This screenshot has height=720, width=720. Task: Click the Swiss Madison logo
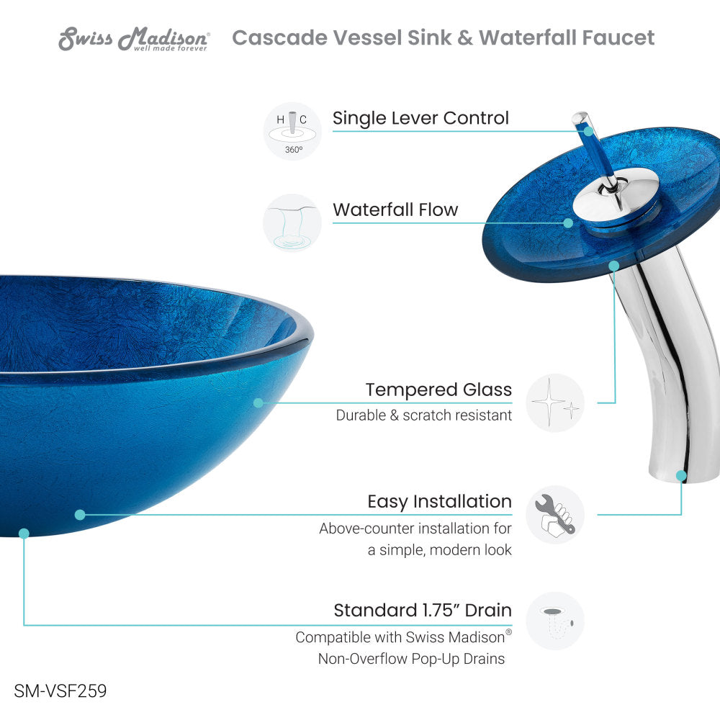[134, 39]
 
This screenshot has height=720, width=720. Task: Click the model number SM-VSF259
[60, 691]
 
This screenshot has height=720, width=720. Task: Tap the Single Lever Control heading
[420, 118]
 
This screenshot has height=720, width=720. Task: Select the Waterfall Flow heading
[395, 210]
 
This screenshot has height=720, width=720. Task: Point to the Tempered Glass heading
[438, 390]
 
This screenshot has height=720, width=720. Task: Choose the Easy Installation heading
[439, 502]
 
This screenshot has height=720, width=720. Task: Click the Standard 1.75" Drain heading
[423, 611]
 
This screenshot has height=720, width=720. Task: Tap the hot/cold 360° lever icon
[292, 130]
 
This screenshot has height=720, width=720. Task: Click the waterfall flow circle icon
[292, 222]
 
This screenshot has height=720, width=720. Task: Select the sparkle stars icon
[554, 402]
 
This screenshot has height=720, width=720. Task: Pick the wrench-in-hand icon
[554, 515]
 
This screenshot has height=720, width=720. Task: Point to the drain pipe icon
[554, 621]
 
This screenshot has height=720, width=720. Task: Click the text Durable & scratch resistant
[424, 415]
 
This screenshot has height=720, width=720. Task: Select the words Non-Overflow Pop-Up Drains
[412, 659]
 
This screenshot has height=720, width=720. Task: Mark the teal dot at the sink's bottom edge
[24, 534]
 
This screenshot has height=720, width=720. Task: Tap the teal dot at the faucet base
[681, 476]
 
